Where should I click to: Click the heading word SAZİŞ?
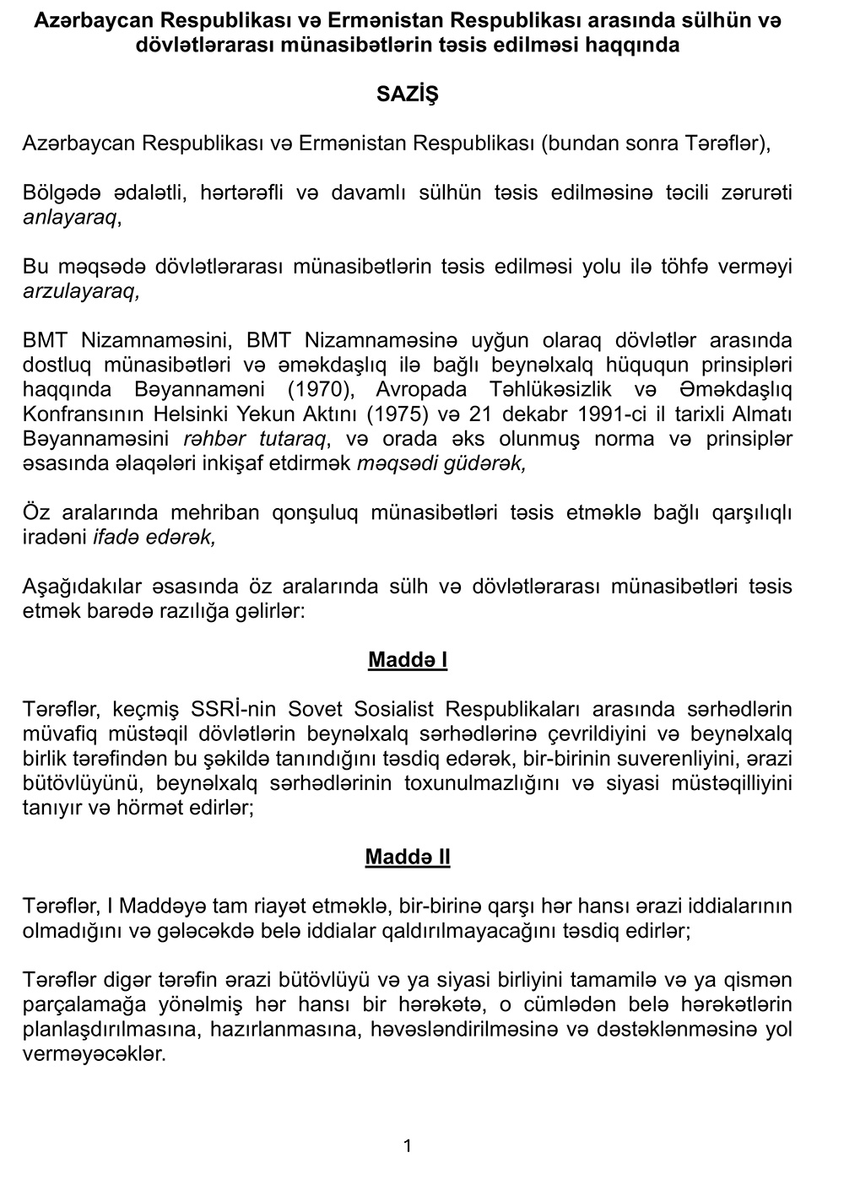pos(408,95)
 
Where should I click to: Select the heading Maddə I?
pos(408,659)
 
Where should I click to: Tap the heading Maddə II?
pos(408,858)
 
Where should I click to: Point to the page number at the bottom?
pos(408,1145)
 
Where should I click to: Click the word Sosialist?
pos(398,709)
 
